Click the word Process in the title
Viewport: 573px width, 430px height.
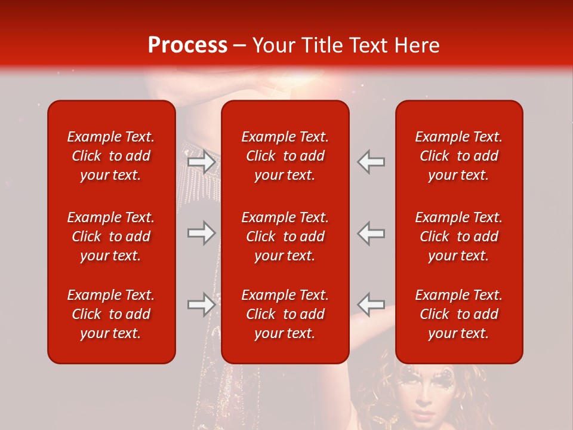[x=187, y=45]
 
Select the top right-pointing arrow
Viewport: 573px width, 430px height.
[x=201, y=162]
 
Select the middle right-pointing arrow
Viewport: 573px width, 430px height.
[x=201, y=233]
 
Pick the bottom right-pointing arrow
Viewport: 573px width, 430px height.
[x=201, y=304]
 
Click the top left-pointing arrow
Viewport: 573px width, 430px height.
[x=371, y=162]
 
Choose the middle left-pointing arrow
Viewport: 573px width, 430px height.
[x=371, y=233]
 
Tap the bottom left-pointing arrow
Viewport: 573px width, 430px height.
[x=371, y=304]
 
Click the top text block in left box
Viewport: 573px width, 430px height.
[x=111, y=156]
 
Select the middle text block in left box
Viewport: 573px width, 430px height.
[x=111, y=236]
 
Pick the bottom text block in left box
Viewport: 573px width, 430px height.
[x=111, y=314]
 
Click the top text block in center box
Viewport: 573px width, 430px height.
[x=285, y=156]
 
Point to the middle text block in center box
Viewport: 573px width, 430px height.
[x=285, y=236]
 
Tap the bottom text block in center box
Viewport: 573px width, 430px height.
[x=285, y=314]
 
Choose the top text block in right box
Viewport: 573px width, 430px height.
[x=458, y=156]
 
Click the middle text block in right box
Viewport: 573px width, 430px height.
[x=458, y=236]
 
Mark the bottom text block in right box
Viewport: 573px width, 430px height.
[x=458, y=314]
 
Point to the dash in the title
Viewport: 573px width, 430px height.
[x=239, y=46]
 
